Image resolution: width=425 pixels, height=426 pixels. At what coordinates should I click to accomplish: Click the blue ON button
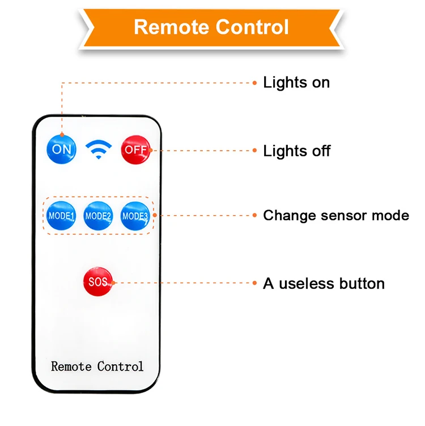point(61,150)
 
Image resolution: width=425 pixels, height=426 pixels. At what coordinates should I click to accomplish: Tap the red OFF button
point(135,150)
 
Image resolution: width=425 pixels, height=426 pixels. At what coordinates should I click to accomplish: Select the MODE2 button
point(98,216)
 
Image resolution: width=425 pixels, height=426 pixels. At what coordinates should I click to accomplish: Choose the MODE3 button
point(135,216)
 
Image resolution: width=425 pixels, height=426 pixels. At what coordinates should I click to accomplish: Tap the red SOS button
point(98,282)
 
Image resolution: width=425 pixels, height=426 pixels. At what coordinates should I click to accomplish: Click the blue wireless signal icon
point(99,149)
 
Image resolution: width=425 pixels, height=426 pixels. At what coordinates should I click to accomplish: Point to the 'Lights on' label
point(296,83)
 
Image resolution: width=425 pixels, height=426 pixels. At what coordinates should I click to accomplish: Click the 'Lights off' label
point(296,151)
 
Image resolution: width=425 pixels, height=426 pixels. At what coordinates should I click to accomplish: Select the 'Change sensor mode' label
point(335,216)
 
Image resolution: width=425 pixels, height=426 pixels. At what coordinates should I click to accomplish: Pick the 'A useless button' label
point(324,283)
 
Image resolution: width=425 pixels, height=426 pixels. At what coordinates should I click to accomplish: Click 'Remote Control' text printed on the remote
point(97,367)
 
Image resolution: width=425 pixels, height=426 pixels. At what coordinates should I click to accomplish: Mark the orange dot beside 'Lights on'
point(255,83)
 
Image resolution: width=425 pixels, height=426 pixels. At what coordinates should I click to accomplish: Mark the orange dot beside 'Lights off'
point(255,151)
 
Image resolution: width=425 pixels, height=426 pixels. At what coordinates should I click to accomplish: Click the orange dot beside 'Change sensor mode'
point(255,216)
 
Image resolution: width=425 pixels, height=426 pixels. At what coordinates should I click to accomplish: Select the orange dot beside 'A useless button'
point(255,283)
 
